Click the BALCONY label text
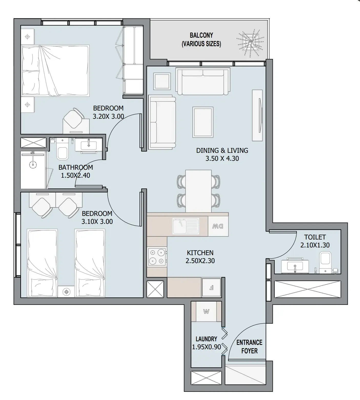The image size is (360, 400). click(201, 35)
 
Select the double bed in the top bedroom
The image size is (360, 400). click(56, 71)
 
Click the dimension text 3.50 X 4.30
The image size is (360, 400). click(222, 158)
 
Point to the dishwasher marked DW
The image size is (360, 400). click(218, 226)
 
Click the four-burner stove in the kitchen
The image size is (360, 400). click(157, 257)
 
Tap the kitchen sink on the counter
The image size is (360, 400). click(186, 226)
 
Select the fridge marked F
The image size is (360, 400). click(211, 288)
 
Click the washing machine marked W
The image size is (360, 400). click(206, 312)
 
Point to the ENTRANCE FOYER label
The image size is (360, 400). click(249, 347)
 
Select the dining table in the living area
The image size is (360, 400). click(199, 191)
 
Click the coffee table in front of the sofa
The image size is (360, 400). click(203, 122)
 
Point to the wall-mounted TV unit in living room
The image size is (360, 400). click(258, 115)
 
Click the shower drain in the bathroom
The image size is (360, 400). click(33, 165)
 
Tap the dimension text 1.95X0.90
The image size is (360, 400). click(207, 347)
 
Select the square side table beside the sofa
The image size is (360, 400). click(162, 81)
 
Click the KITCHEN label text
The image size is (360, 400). click(200, 253)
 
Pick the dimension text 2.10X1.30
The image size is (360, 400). click(315, 245)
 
